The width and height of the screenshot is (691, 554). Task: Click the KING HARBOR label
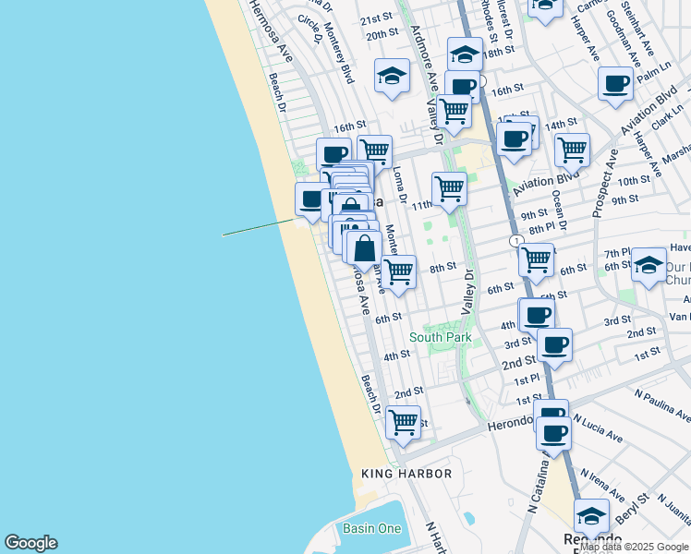406,474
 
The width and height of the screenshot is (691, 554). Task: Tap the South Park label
441,337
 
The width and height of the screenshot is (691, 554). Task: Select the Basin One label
372,528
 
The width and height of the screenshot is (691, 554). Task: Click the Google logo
30,543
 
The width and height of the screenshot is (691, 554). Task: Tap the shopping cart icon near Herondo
403,422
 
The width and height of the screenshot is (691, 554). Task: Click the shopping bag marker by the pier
364,247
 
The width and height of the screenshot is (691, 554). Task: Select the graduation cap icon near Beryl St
591,515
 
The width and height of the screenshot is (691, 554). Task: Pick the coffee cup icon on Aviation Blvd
515,139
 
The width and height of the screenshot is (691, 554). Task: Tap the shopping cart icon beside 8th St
398,271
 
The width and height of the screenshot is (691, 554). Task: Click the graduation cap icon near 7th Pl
649,265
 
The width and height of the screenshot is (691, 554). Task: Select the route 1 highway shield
515,240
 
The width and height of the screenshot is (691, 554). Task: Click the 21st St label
376,18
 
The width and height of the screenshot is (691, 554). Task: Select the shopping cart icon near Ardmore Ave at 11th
449,187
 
